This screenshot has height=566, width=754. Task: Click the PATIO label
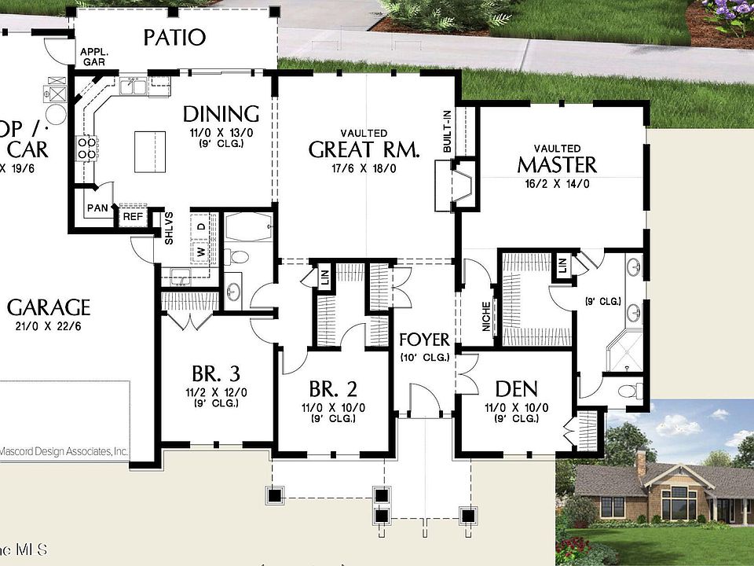click(175, 37)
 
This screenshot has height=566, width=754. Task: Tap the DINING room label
click(221, 114)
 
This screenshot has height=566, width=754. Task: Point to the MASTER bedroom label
click(557, 164)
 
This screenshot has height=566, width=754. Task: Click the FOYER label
click(424, 340)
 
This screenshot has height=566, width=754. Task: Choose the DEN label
click(516, 388)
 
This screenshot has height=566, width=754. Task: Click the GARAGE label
click(49, 307)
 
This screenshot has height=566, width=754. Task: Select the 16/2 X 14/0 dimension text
click(557, 183)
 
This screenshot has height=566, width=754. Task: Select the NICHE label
click(487, 315)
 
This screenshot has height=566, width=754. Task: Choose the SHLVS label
click(168, 229)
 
